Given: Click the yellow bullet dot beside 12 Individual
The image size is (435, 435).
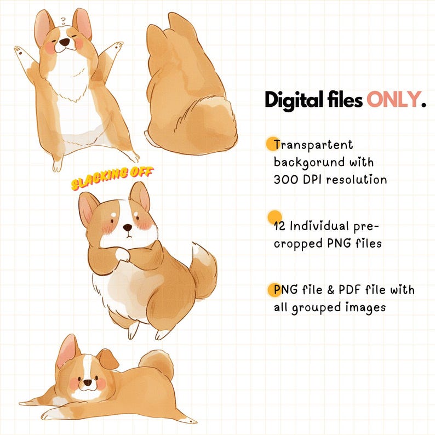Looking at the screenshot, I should [274, 216].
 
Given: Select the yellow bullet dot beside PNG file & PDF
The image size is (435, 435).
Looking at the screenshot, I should [273, 290].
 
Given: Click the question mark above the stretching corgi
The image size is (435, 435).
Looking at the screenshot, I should [64, 22].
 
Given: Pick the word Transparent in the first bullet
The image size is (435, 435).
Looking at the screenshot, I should [313, 145].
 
